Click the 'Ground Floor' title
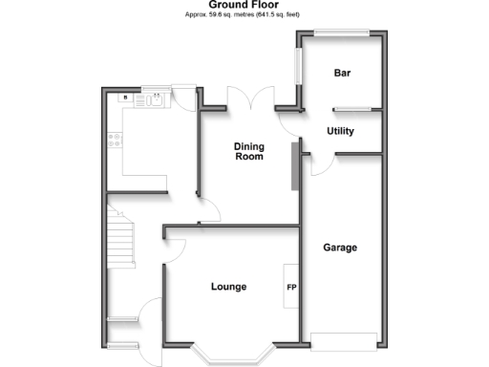[x=244, y=5]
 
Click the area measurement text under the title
[x=244, y=14]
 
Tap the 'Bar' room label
[x=342, y=74]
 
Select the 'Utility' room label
[x=341, y=132]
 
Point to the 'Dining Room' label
[x=249, y=151]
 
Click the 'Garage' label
[x=339, y=248]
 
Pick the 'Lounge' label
[x=228, y=287]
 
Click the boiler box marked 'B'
[x=124, y=97]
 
